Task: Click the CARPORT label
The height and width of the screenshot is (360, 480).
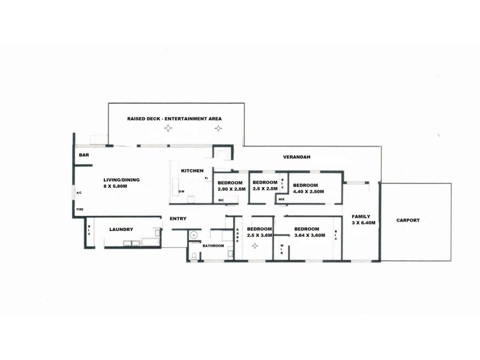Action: point(408,220)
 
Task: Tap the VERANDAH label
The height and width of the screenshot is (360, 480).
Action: point(296,157)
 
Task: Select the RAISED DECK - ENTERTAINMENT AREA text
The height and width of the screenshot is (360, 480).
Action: point(175,119)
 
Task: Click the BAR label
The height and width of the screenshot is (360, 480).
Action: point(84,155)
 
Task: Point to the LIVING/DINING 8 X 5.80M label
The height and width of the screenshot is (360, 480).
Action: point(121,183)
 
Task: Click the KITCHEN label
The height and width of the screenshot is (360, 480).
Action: point(192,171)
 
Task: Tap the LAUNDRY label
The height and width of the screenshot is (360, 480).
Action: point(121,229)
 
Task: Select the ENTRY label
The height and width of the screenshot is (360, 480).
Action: point(178,218)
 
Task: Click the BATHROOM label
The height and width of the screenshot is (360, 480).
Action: point(214,246)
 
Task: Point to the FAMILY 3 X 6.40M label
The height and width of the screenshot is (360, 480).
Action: point(364,220)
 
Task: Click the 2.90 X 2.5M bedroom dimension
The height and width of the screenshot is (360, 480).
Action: point(232,189)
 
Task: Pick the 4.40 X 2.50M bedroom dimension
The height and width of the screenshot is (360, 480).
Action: point(308,191)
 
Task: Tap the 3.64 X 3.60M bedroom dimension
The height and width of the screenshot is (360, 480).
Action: point(310,235)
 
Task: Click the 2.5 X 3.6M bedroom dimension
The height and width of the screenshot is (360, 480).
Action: point(260,235)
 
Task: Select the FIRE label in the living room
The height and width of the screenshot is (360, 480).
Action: point(80,209)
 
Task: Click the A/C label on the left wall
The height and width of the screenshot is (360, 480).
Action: point(79,193)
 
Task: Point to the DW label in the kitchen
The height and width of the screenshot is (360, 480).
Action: point(182,191)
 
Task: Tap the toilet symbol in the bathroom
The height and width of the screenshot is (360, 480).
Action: point(194,257)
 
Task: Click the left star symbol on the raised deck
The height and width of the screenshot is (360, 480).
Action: point(168,128)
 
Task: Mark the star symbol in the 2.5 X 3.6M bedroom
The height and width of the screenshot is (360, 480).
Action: point(254,245)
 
